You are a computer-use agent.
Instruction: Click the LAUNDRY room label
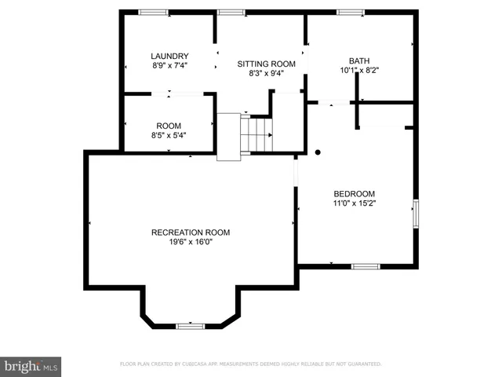[x=169, y=56]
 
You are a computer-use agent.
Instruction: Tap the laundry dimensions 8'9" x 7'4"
[x=169, y=65]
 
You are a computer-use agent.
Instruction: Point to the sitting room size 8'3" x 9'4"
[x=260, y=73]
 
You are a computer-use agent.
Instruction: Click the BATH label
[x=358, y=60]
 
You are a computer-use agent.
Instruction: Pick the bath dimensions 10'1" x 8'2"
[x=358, y=70]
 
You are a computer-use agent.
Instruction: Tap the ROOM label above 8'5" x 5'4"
[x=169, y=126]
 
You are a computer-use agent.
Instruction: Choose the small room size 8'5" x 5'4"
[x=169, y=135]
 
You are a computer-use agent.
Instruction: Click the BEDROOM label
[x=355, y=194]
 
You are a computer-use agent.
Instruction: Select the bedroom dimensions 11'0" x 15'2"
[x=355, y=203]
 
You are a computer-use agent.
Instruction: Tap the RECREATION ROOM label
[x=191, y=232]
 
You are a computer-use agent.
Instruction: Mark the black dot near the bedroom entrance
[x=318, y=152]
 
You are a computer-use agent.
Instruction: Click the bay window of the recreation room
[x=190, y=324]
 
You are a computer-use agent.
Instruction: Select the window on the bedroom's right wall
[x=416, y=214]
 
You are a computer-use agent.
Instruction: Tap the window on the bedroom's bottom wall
[x=365, y=266]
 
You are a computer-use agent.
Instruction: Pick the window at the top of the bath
[x=350, y=12]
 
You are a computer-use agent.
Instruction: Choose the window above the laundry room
[x=153, y=12]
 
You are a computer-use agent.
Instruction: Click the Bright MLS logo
[x=31, y=365]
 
